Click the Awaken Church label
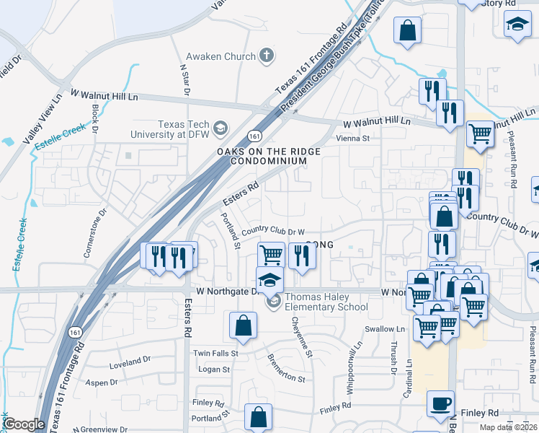(220, 56)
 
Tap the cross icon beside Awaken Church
(267, 56)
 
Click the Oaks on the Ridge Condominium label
(269, 156)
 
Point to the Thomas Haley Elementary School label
(326, 302)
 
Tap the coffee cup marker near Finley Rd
(440, 405)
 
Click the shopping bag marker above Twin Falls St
(244, 325)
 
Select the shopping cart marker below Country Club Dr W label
(271, 254)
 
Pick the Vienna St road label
(353, 138)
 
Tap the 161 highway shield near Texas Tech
(254, 136)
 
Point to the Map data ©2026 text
(507, 428)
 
